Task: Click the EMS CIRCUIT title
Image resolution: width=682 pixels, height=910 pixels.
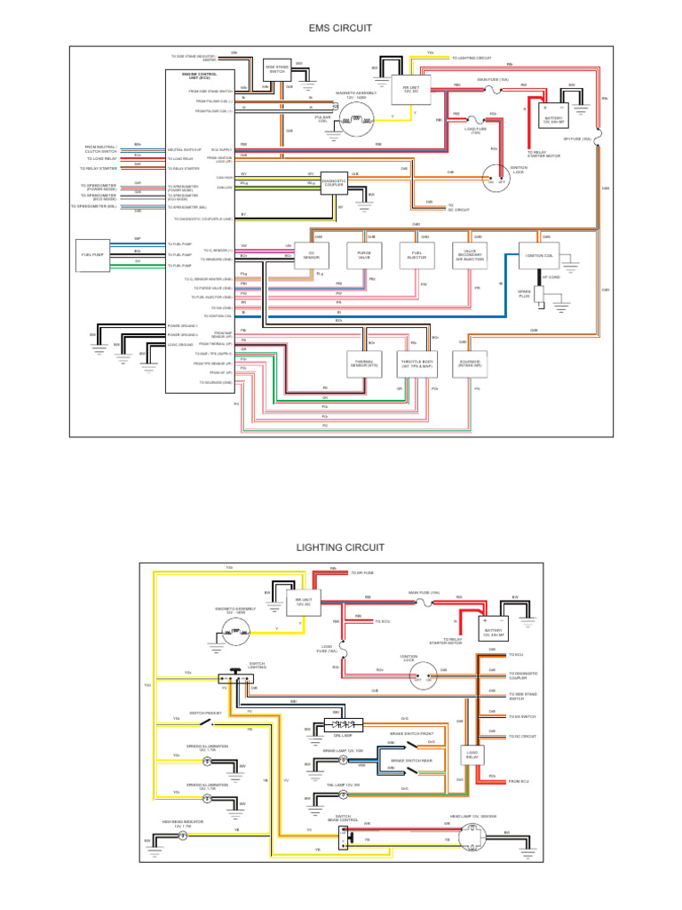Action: coord(340,28)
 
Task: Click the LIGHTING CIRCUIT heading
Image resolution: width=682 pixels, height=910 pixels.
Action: coord(340,547)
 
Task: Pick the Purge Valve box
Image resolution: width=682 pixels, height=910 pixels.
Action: coord(364,256)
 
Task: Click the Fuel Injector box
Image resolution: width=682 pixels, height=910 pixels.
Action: coord(417,256)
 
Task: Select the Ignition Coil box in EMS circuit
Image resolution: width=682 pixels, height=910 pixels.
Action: coord(540,256)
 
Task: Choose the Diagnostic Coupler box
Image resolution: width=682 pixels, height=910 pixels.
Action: coord(334,183)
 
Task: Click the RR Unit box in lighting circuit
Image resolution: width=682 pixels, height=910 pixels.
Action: coord(305,603)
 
